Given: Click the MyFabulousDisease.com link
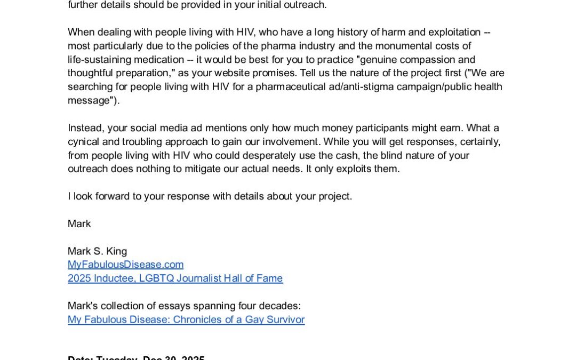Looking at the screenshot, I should click(x=125, y=265).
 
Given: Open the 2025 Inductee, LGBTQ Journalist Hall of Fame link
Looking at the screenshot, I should click(x=175, y=278).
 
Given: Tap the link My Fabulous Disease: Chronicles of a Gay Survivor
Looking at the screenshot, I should click(x=186, y=320).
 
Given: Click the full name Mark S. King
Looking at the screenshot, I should click(x=97, y=251).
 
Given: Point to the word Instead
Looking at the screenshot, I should click(x=85, y=128).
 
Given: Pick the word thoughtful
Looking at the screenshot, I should click(x=91, y=73).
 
